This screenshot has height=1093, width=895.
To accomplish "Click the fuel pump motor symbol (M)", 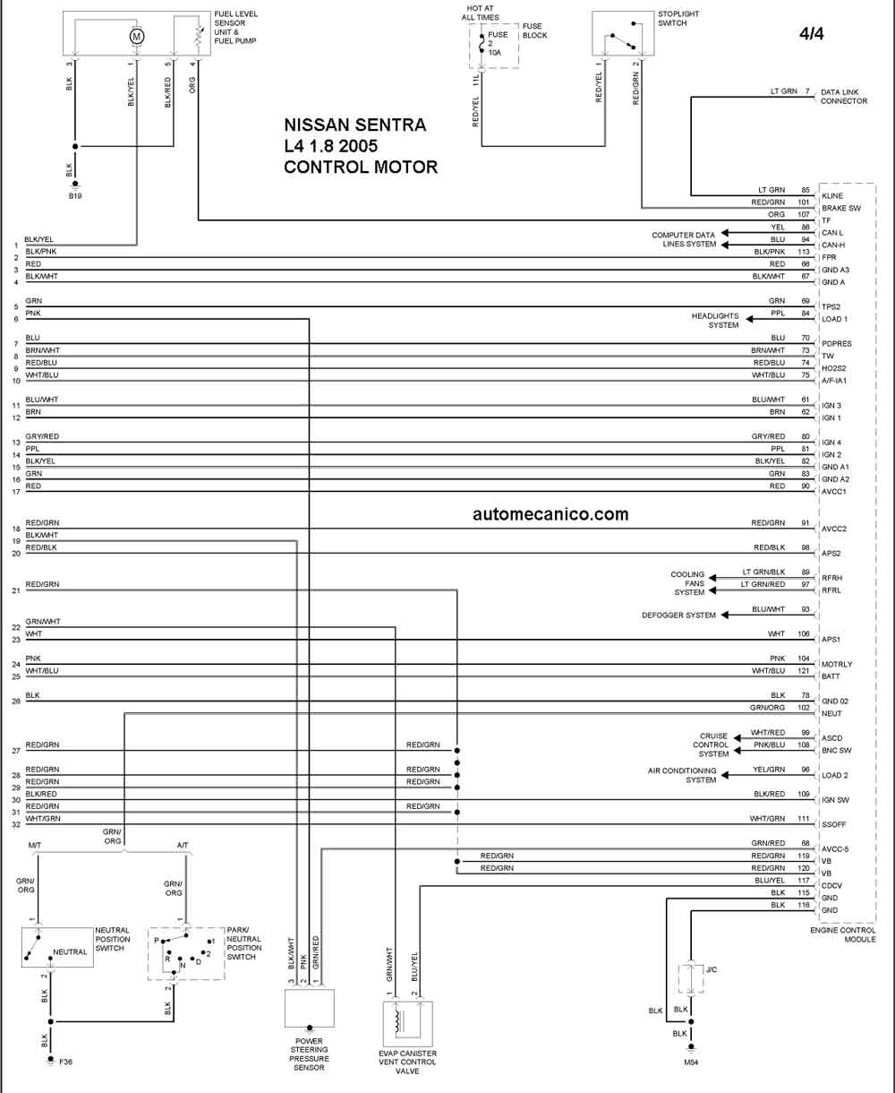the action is click(137, 36).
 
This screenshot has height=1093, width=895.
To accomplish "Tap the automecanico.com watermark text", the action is click(550, 514).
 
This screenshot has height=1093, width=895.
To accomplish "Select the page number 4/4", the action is click(811, 34).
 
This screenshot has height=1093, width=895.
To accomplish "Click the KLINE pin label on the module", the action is click(832, 196).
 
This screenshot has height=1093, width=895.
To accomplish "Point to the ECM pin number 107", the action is click(804, 214).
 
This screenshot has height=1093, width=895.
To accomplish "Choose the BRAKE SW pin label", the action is click(841, 209).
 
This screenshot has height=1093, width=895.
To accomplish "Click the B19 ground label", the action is click(75, 196).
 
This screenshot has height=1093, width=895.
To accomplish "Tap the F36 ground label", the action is click(65, 1062).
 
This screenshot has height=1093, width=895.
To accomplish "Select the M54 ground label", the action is click(691, 1063).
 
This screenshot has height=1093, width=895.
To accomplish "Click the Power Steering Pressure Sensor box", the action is click(310, 1008).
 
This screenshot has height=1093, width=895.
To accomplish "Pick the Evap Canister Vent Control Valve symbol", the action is click(407, 1024).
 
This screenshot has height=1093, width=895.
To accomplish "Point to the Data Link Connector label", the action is click(844, 97).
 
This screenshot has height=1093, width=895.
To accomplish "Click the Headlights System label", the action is click(715, 320).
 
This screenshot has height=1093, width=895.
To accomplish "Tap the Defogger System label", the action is click(678, 615).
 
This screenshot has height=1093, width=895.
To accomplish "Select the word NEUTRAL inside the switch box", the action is click(70, 952).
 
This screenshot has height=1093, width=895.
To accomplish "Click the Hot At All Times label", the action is click(481, 13).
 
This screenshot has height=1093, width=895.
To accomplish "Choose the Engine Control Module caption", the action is click(843, 935).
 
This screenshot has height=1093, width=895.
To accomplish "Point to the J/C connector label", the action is click(712, 969).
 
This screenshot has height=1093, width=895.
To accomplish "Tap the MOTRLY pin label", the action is click(837, 665).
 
